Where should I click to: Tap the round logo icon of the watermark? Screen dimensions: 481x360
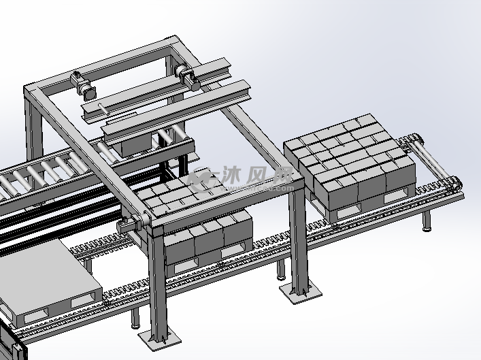tap(203, 179)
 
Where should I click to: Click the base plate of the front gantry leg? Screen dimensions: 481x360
tap(159, 340)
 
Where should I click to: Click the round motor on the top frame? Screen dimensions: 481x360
tap(90, 93)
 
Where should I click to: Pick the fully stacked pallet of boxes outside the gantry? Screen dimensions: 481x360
tap(350, 166)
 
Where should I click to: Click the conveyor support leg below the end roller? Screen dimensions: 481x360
tap(427, 220)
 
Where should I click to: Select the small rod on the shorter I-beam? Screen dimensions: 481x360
tap(103, 109)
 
